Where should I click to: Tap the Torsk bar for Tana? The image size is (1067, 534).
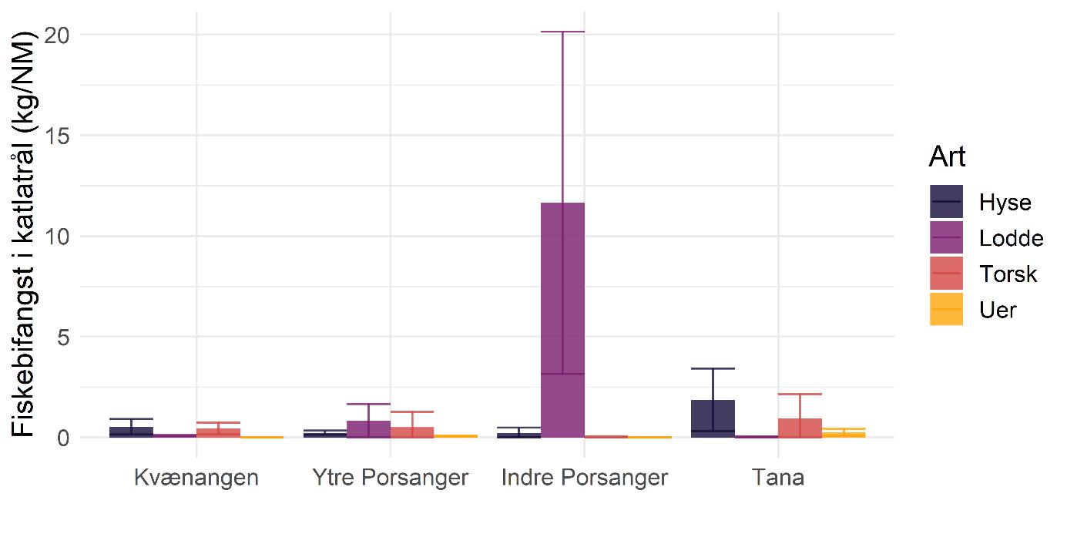pos(800,428)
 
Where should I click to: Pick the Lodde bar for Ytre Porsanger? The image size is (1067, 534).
pos(368,429)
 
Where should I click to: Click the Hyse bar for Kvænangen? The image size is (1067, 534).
pos(131,432)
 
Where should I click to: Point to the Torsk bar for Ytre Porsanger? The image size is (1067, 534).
pos(411,432)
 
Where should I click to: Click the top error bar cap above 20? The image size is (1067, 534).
pos(562,32)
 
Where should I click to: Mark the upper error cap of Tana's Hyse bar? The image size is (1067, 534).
pos(713,368)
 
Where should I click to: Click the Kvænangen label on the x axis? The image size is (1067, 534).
pos(196,478)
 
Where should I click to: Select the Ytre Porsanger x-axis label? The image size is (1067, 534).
pos(390,478)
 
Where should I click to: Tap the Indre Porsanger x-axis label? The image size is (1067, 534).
pos(584,478)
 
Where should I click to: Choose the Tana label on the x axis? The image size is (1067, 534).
pos(778,478)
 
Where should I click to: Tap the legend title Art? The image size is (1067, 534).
pos(947,156)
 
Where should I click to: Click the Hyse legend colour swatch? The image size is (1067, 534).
pos(946,202)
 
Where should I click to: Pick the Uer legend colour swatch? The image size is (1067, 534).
pos(946,309)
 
